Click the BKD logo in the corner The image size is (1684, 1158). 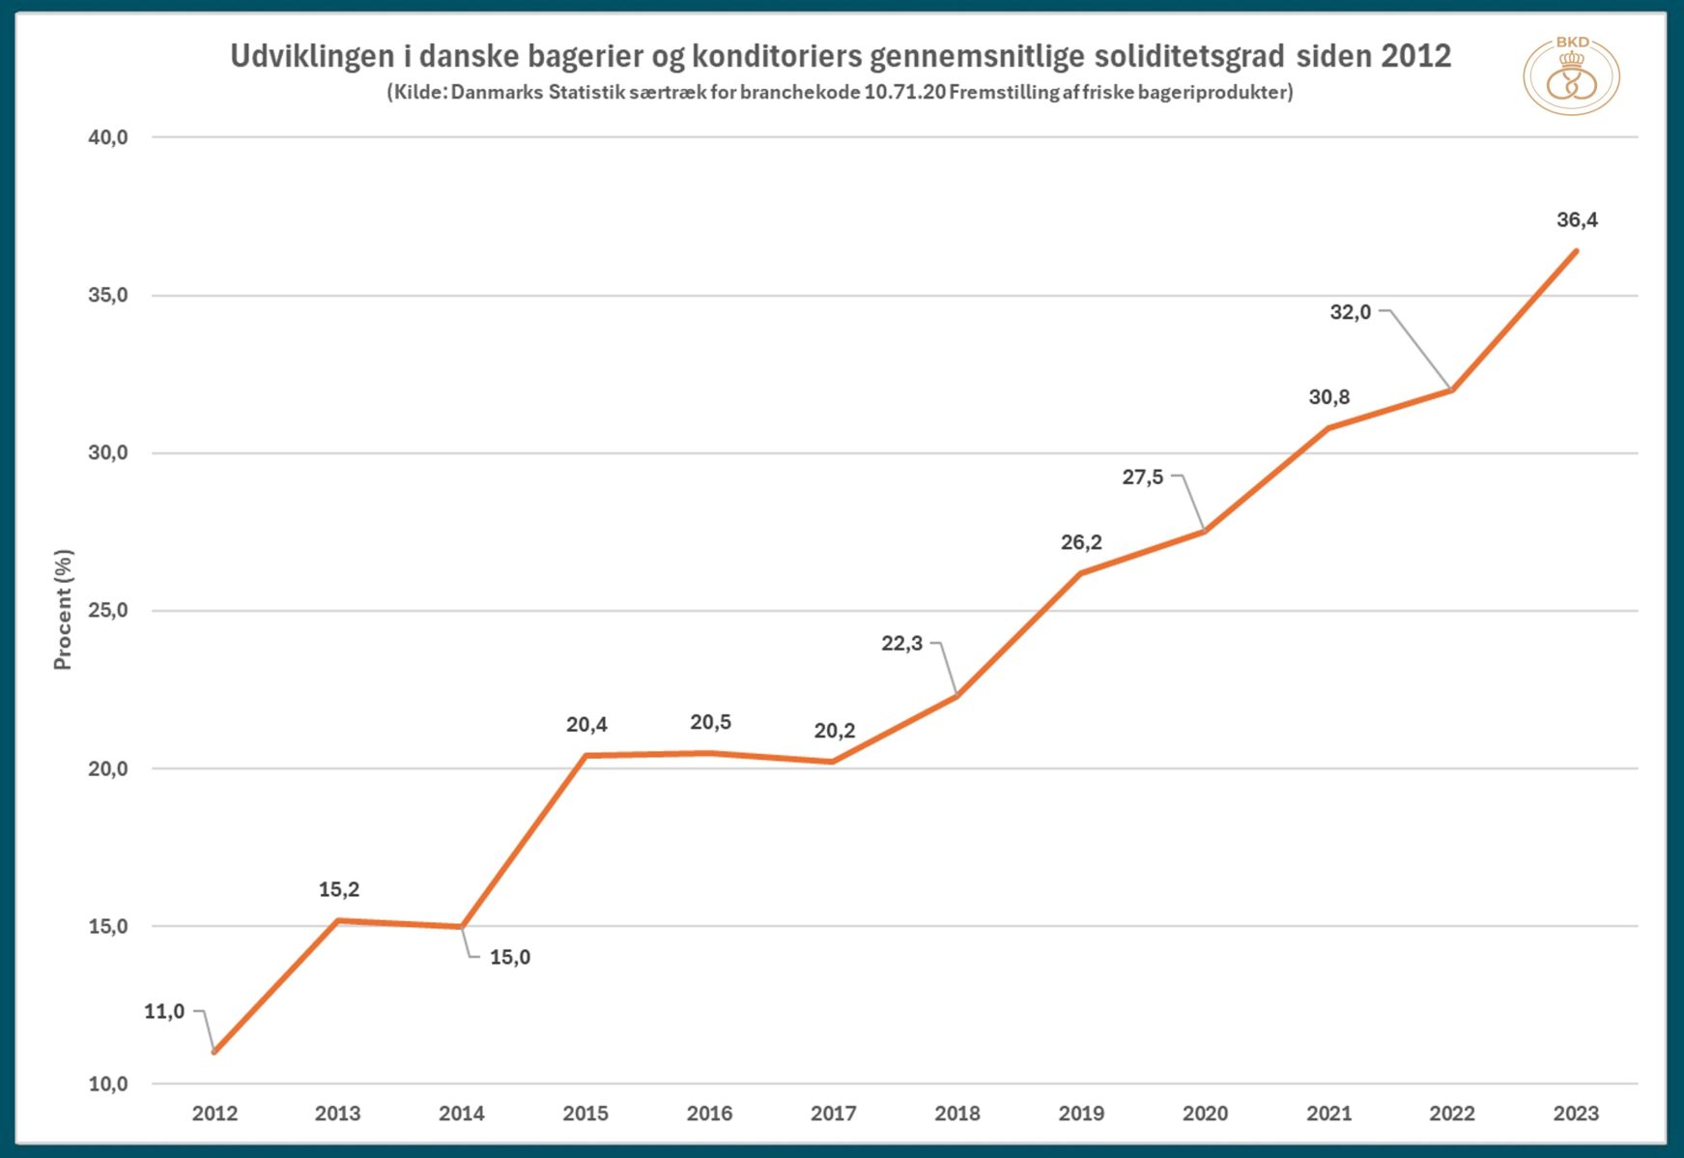(x=1571, y=76)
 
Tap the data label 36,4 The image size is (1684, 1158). (x=1577, y=220)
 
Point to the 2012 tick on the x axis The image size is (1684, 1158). (x=214, y=1114)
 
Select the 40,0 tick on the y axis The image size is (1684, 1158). (x=108, y=137)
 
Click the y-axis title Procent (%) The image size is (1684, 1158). (x=63, y=610)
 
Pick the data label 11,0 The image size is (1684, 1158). (x=164, y=1012)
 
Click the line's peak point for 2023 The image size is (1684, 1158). (x=1576, y=251)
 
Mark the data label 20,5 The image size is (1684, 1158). (x=710, y=722)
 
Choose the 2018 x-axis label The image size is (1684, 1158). (x=957, y=1114)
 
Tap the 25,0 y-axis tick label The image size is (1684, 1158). (x=108, y=611)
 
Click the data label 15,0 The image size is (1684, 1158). (x=510, y=958)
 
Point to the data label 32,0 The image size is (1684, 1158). (x=1351, y=312)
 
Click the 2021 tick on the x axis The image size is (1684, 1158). (x=1329, y=1114)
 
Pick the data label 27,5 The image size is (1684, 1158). (x=1143, y=478)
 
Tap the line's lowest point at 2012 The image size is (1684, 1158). (x=214, y=1052)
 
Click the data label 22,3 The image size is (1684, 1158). (x=901, y=644)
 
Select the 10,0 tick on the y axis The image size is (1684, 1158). (x=108, y=1085)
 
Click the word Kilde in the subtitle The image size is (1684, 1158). (x=417, y=93)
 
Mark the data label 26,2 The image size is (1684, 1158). (x=1081, y=542)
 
